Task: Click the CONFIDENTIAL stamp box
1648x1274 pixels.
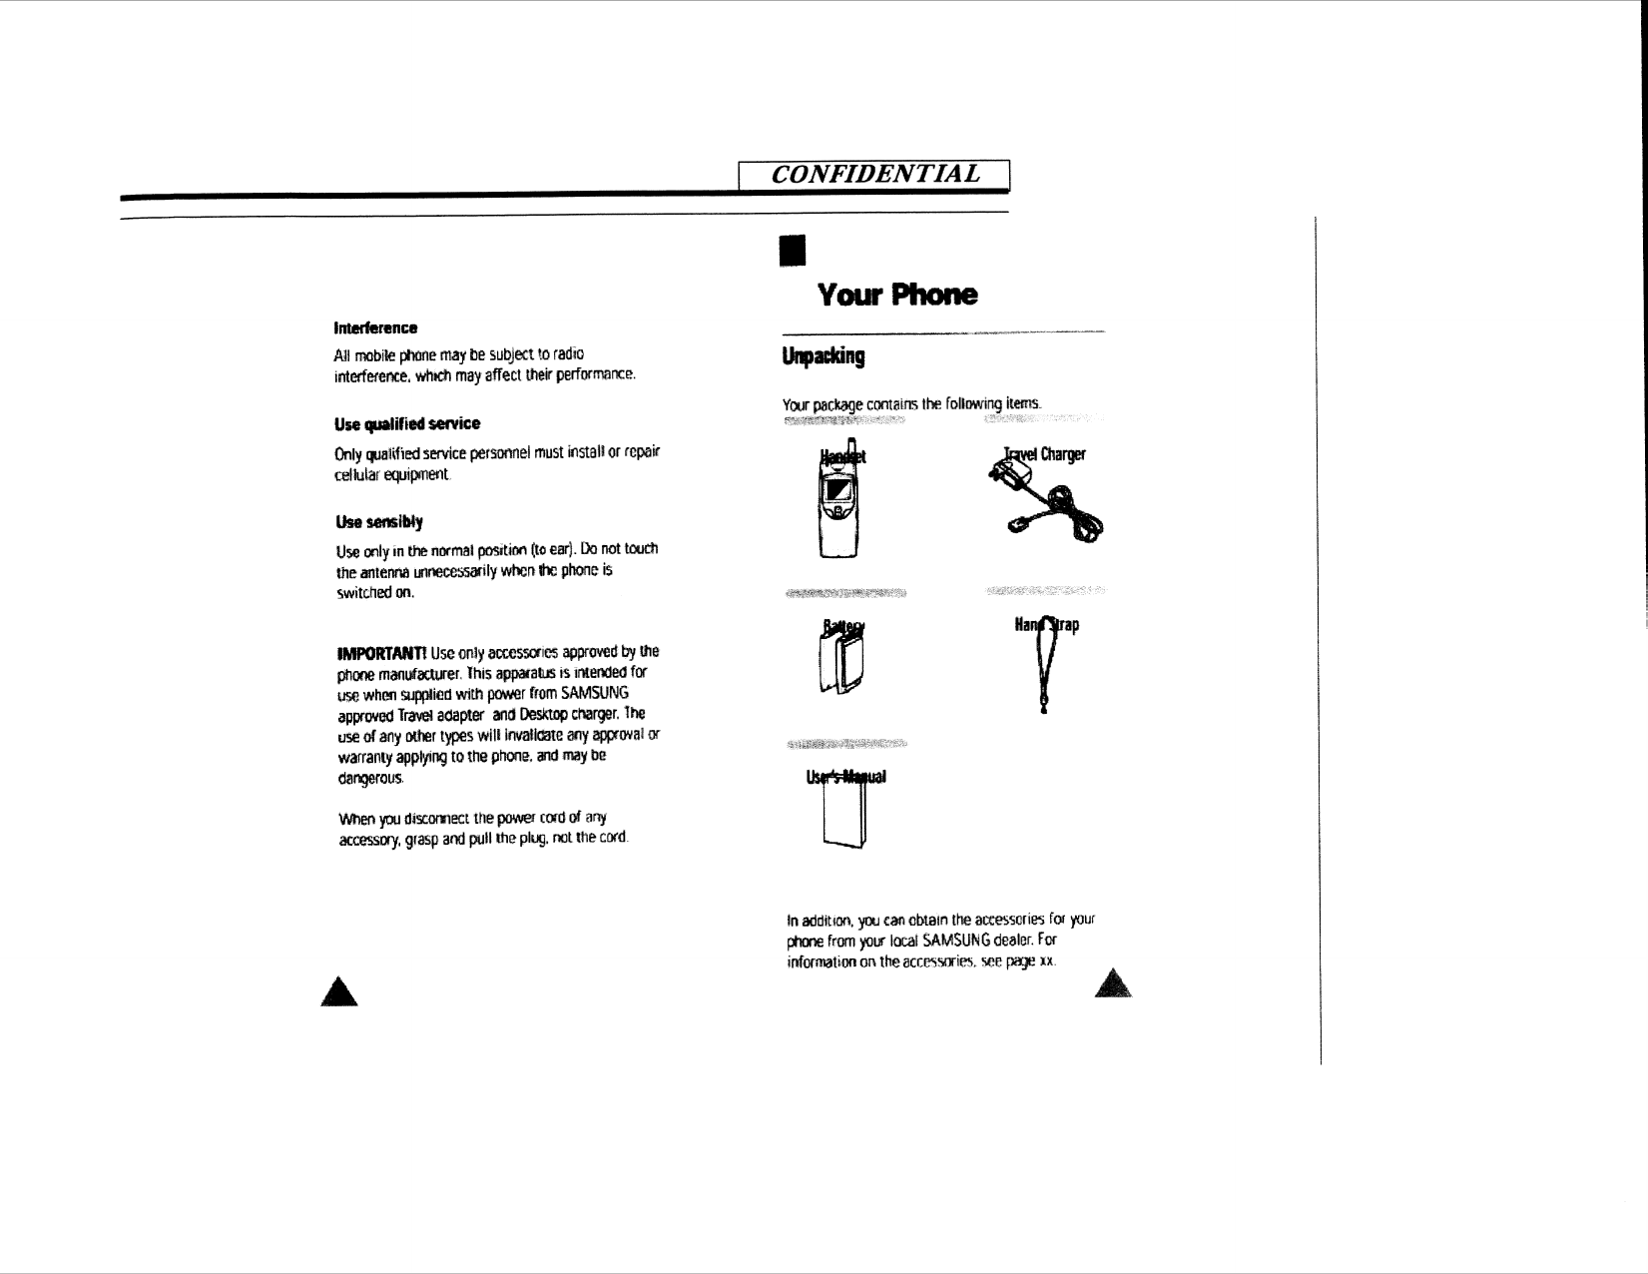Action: point(875,175)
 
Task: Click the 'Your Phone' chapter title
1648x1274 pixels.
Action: point(897,295)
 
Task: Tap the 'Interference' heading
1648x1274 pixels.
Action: point(375,327)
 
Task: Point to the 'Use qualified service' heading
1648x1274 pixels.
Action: point(407,423)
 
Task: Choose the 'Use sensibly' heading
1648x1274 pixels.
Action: point(379,521)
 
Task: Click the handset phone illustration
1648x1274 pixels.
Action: point(837,504)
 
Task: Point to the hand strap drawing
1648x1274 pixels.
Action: point(1044,666)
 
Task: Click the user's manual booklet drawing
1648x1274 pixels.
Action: point(843,814)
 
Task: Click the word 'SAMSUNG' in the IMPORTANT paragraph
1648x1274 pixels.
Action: point(594,693)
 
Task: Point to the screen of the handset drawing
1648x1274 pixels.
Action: point(835,491)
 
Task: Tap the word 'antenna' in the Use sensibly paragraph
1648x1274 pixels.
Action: point(381,572)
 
